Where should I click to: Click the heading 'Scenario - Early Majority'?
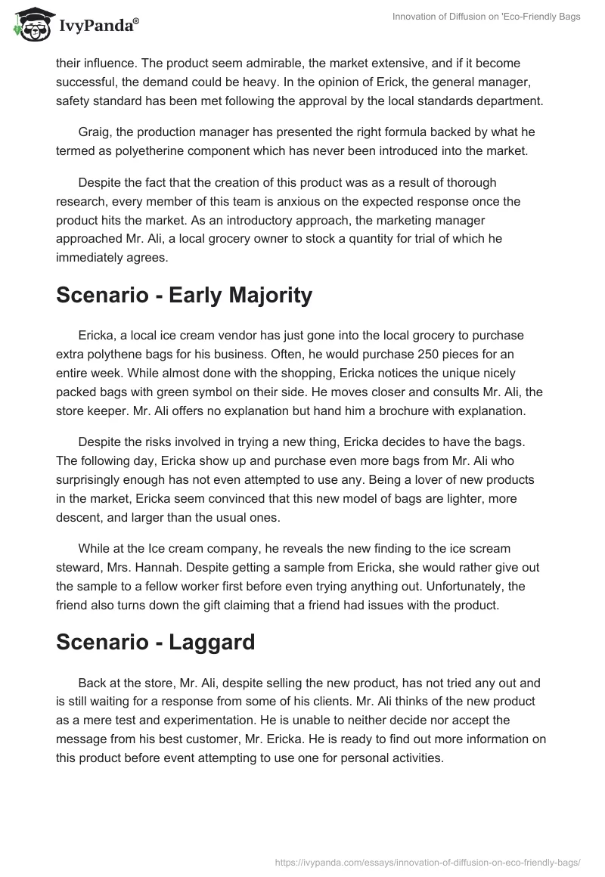point(184,295)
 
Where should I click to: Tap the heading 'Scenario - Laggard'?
point(155,642)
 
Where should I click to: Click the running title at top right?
point(487,17)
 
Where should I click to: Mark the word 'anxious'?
point(299,202)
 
